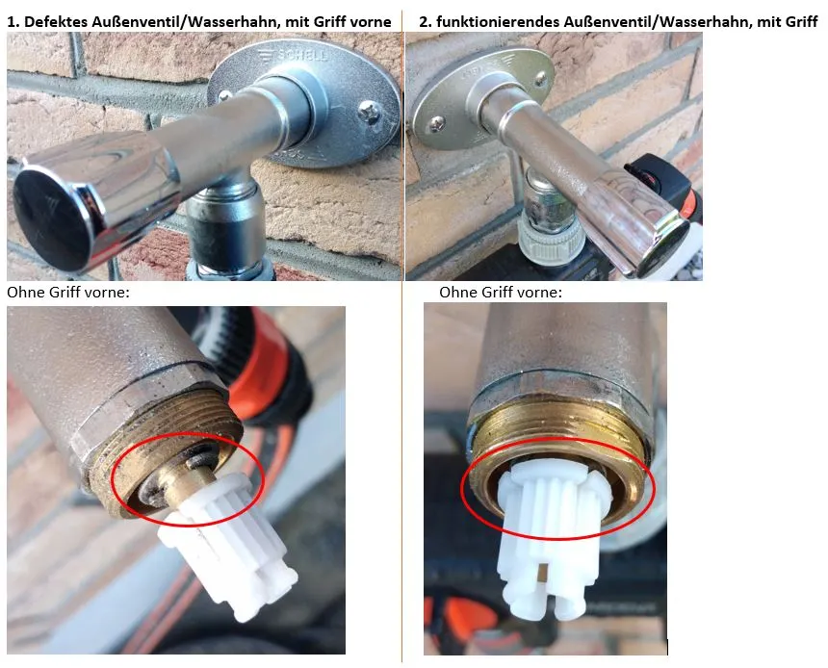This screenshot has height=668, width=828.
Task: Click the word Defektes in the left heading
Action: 54,21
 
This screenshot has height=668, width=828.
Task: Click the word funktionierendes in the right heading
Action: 498,21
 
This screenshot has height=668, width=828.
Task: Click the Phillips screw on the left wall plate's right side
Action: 369,112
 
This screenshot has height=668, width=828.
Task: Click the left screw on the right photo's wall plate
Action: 437,124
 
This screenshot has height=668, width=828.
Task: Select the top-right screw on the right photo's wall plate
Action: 541,79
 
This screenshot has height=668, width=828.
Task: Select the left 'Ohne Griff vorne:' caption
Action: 68,293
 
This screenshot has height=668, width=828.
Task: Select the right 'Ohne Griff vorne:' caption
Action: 501,293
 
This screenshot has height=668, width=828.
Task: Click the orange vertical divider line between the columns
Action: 401,338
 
